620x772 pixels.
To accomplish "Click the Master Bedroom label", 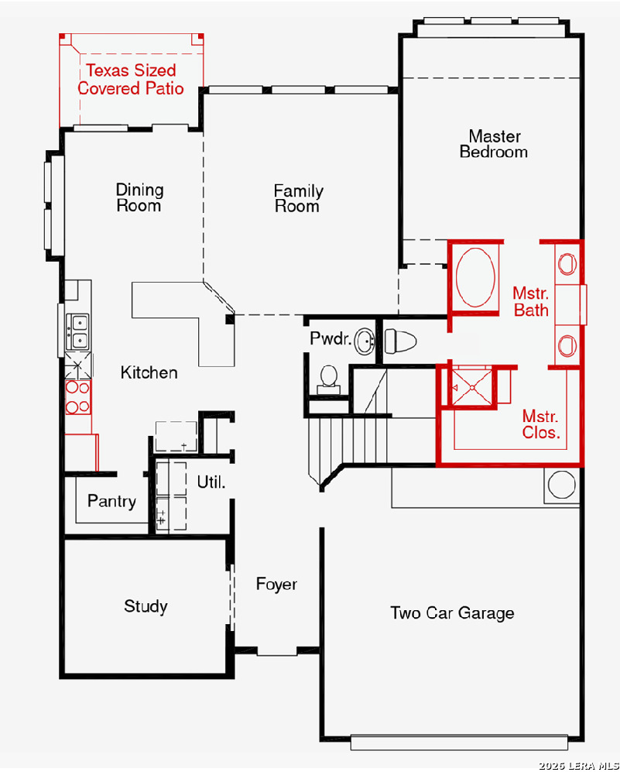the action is pyautogui.click(x=494, y=144).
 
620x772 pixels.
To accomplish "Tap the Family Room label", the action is pyautogui.click(x=298, y=198).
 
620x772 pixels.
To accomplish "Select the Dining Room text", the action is pyautogui.click(x=140, y=197).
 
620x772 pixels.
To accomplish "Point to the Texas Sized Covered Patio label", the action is pyautogui.click(x=131, y=79).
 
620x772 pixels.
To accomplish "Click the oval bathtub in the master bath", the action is pyautogui.click(x=475, y=277).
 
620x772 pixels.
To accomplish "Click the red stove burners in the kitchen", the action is pyautogui.click(x=78, y=396).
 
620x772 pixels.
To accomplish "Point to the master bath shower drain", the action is pyautogui.click(x=472, y=388).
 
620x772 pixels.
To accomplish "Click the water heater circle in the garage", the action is pyautogui.click(x=561, y=485).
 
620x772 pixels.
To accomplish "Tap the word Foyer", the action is pyautogui.click(x=276, y=585).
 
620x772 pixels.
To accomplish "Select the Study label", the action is pyautogui.click(x=146, y=606).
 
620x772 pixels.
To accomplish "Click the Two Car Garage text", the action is pyautogui.click(x=452, y=613).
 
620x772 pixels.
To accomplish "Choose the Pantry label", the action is pyautogui.click(x=111, y=502).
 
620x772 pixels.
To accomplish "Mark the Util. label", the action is pyautogui.click(x=211, y=482).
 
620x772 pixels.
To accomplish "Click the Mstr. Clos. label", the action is pyautogui.click(x=541, y=424).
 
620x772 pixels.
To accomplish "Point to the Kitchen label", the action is pyautogui.click(x=149, y=372).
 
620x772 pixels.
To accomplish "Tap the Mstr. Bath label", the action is pyautogui.click(x=531, y=302).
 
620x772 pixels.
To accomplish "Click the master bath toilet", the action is pyautogui.click(x=400, y=341).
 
